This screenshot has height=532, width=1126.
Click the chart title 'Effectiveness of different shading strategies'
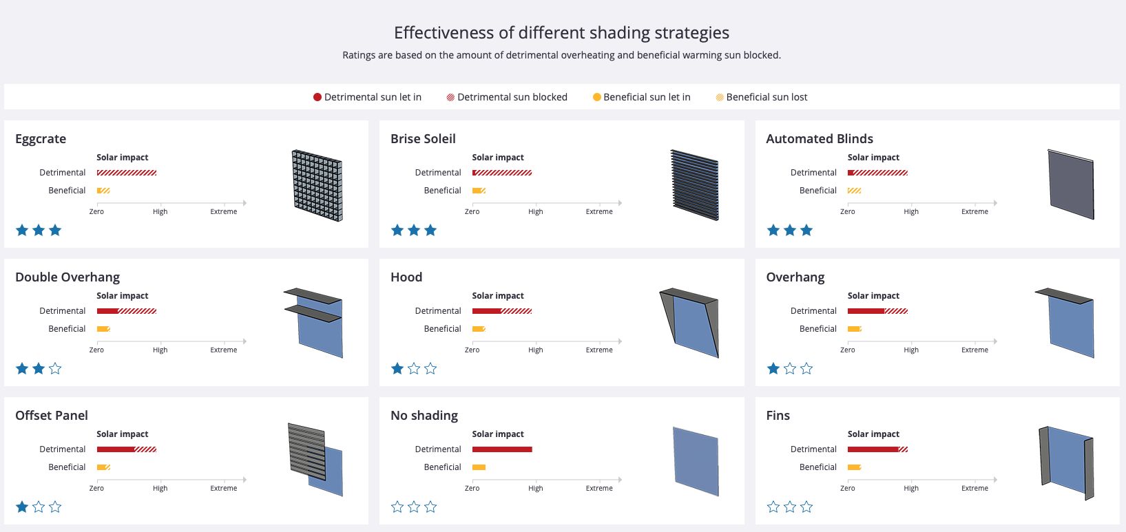pos(561,32)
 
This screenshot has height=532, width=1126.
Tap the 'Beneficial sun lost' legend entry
pos(767,97)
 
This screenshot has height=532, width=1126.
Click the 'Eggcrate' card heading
pos(41,138)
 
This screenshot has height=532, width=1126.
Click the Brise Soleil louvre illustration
pos(694,185)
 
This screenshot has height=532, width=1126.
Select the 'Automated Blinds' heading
pos(820,138)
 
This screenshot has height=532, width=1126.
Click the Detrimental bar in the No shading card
pos(502,449)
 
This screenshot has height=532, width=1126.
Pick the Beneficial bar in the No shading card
pos(479,467)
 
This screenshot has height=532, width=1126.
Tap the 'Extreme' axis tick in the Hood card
pos(599,350)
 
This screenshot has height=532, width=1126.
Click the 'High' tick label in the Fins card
pos(911,488)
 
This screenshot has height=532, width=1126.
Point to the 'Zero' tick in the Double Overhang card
pos(96,350)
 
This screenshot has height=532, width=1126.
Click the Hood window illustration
pos(690,323)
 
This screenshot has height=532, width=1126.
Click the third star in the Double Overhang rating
pos(55,369)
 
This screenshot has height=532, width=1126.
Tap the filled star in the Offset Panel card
pos(22,507)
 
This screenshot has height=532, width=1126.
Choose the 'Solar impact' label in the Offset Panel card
pos(122,434)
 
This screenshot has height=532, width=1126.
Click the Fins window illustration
pos(1065,462)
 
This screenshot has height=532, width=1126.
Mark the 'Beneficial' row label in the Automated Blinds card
pos(818,191)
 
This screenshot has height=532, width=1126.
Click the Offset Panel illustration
pos(315,459)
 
